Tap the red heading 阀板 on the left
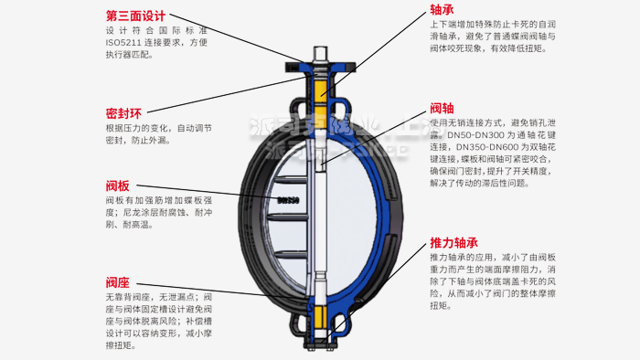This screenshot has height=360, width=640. coord(117,183)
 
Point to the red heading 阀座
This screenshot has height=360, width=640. coord(117,281)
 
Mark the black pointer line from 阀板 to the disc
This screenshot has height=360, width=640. coord(229,192)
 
